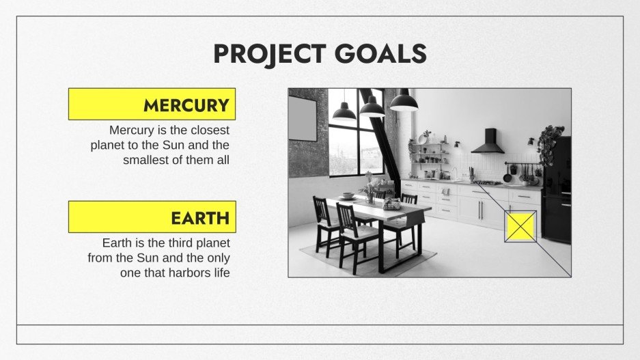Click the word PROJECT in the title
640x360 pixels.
coord(270,53)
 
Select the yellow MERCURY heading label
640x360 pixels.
coord(152,105)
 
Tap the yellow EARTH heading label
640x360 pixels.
coord(152,217)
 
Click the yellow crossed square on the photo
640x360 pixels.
coord(520,226)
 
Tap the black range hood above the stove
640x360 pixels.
coord(487,143)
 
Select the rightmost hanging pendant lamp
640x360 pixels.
coord(404,102)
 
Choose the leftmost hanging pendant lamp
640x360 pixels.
coord(344,111)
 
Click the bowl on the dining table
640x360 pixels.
coord(348,195)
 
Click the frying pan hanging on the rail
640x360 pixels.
coord(507,176)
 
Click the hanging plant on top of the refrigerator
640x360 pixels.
coord(550,141)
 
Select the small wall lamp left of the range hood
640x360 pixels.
coord(456,144)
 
